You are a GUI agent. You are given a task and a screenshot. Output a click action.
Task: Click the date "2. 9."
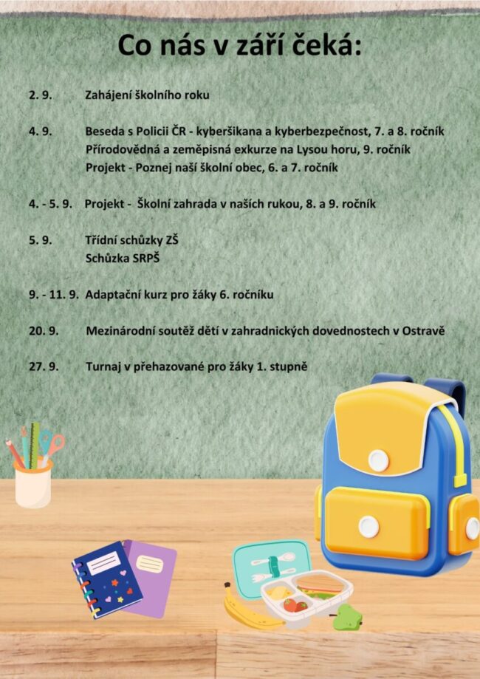(x=39, y=95)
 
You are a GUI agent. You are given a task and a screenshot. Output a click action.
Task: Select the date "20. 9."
(x=43, y=331)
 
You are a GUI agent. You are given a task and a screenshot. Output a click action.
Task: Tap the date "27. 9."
(x=43, y=366)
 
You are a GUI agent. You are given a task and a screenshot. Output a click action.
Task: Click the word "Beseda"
(x=105, y=132)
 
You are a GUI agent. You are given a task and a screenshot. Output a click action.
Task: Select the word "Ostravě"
(x=423, y=331)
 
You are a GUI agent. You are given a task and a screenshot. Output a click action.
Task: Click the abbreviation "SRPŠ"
(x=145, y=259)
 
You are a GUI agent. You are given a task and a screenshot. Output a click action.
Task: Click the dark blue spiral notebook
(x=105, y=581)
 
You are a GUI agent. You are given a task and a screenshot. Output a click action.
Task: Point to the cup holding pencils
(x=33, y=483)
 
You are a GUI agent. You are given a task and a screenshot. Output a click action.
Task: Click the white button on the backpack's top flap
(x=378, y=460)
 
